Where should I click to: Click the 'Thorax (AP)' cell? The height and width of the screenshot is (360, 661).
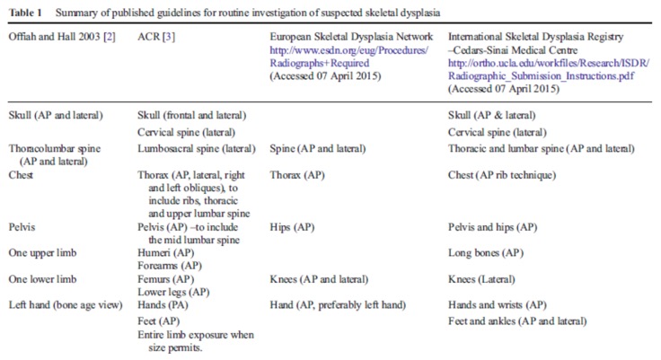[x=296, y=176]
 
